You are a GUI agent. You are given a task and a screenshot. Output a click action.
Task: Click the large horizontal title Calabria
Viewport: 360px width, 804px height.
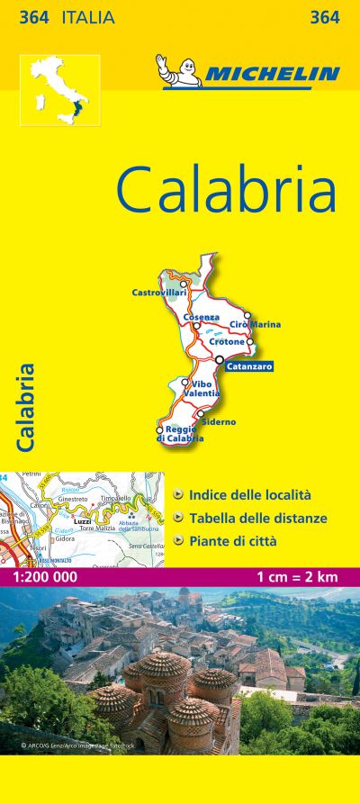(226, 189)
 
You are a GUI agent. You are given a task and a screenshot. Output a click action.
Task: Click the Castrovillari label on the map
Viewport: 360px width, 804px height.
(157, 293)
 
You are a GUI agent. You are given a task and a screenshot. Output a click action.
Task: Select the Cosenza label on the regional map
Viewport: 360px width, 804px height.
(201, 317)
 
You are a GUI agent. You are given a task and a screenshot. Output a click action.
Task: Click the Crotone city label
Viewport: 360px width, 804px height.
(227, 342)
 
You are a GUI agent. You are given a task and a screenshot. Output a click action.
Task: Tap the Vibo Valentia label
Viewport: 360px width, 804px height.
(201, 389)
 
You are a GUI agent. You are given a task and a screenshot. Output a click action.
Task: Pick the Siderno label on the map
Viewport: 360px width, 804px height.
(219, 421)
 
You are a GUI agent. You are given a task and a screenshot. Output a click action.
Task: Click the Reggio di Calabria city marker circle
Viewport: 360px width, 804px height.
(160, 430)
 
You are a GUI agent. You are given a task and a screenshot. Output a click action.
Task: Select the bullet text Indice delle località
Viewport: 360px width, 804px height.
(249, 494)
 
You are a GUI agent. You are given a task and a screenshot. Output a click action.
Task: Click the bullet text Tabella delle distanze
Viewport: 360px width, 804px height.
(257, 518)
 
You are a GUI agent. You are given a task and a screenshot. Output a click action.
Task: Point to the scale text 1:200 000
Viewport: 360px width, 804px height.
(40, 575)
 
